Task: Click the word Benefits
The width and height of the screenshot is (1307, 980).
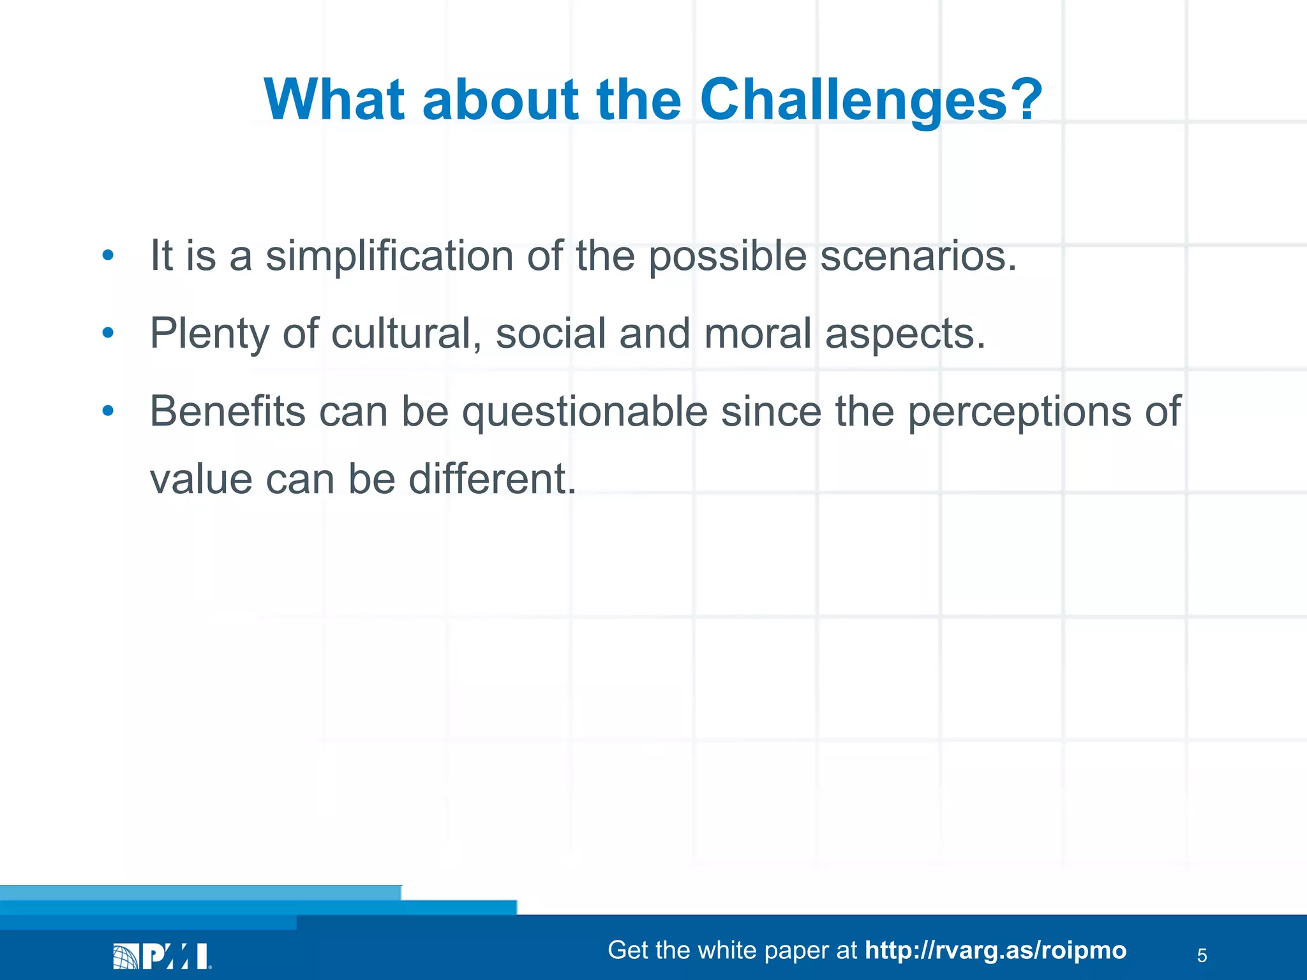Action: click(x=227, y=411)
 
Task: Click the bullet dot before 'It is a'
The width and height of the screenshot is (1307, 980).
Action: click(x=108, y=256)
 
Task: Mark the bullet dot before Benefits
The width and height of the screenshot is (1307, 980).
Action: click(x=108, y=411)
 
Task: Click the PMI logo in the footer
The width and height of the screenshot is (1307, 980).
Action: click(x=162, y=956)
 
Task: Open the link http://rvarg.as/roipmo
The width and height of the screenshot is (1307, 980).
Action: click(x=995, y=951)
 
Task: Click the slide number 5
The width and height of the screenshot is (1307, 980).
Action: click(x=1202, y=956)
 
